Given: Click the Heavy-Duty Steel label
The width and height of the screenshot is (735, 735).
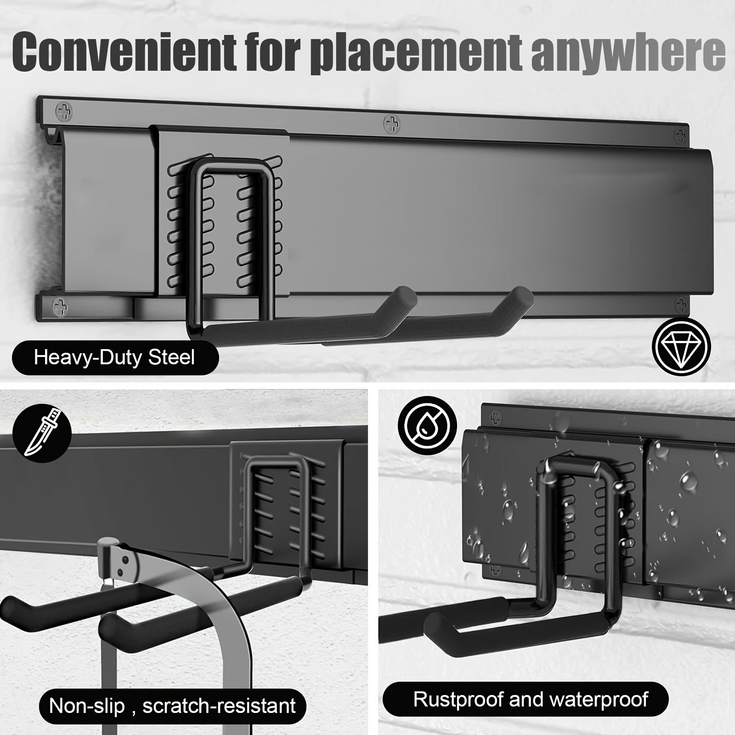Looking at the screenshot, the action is point(115,357).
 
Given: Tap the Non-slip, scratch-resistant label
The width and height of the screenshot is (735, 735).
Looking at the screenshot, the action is point(172,706).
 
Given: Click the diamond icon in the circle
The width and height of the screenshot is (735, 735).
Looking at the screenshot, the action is point(681,346).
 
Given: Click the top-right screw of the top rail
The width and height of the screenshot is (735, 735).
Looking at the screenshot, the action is point(680,136).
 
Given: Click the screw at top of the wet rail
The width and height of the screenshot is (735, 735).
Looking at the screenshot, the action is point(496,417).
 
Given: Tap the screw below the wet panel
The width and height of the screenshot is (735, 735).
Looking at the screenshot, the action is point(495,570).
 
